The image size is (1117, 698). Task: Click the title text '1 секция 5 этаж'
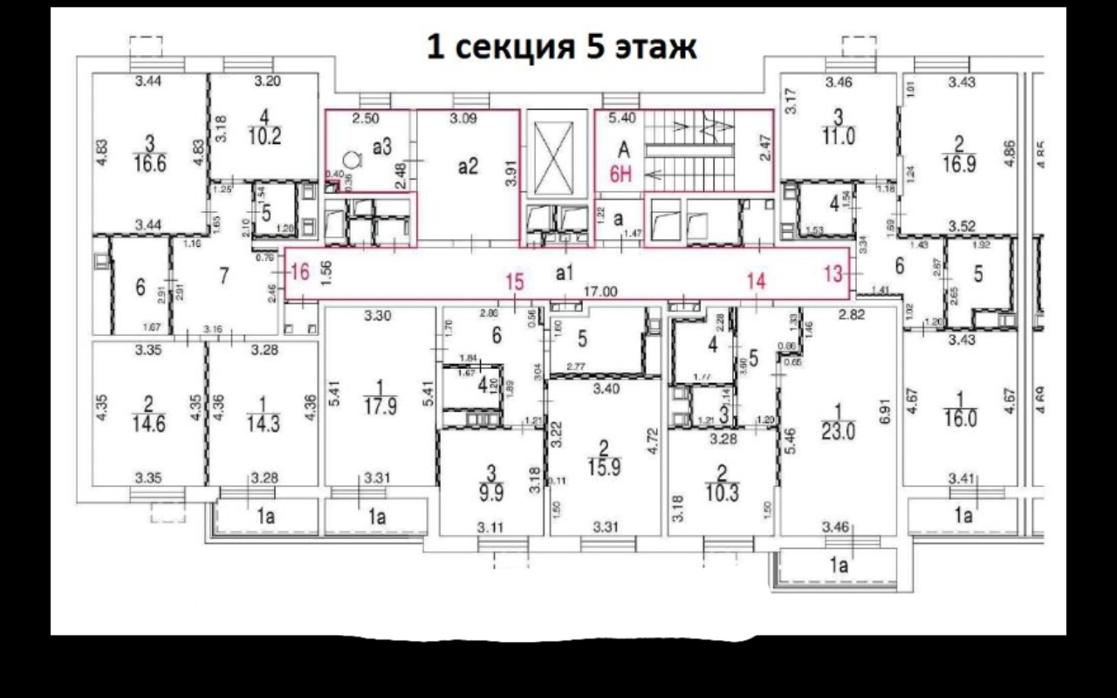[x=561, y=47]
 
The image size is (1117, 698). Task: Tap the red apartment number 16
[x=299, y=271]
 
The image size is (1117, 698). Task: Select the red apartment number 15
[x=515, y=282]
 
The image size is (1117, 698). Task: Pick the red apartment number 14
[x=755, y=281]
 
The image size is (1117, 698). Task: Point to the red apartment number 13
[x=833, y=273]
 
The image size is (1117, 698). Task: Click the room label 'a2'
[x=469, y=166]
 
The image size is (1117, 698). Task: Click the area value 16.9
[x=959, y=163]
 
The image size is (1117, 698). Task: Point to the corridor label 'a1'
[x=565, y=272]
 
